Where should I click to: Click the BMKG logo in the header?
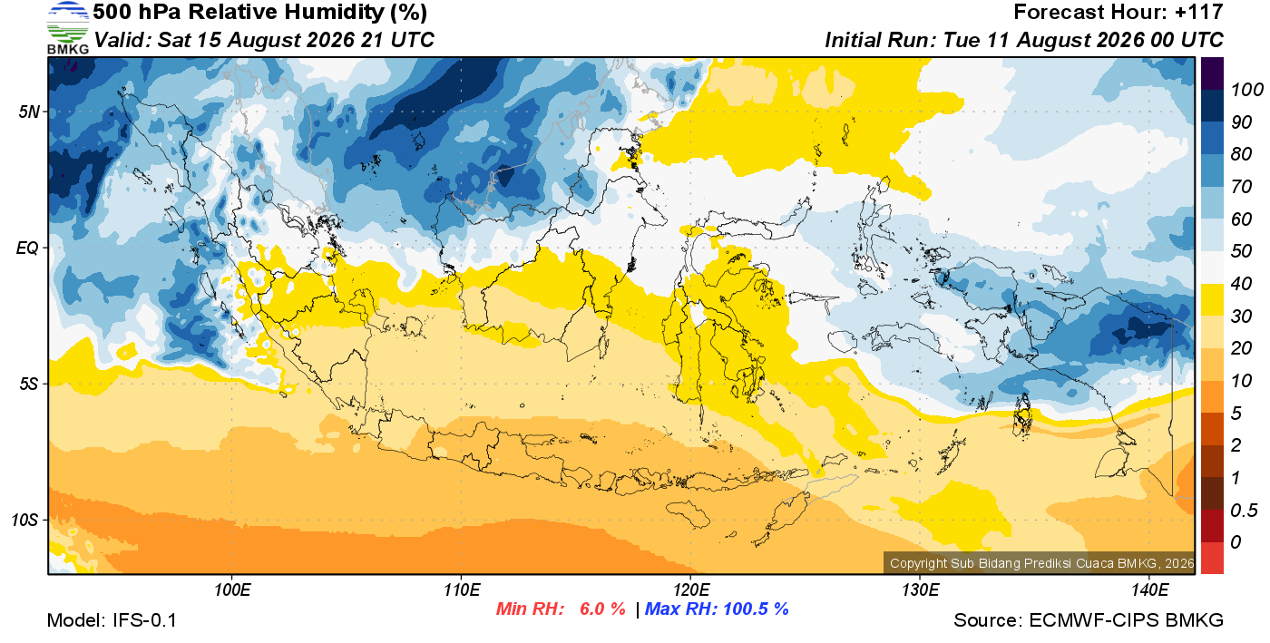point(68,28)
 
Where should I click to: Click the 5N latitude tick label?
point(29,112)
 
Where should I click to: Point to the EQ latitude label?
point(28,248)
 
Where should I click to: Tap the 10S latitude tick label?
point(25,520)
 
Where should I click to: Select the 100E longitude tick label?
point(232,590)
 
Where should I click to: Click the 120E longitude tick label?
point(691,590)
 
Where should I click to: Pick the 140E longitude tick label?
point(1150,590)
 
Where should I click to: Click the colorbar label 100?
point(1246,90)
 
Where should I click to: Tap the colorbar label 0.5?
point(1244,511)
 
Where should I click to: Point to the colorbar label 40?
point(1241,284)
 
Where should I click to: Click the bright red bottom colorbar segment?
point(1212,558)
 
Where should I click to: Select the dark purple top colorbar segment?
point(1212,73)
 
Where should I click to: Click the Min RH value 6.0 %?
point(602,609)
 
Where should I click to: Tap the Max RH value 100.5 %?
point(757,609)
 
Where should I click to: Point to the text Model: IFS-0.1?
point(112,620)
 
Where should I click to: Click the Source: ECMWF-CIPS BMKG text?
point(1089,620)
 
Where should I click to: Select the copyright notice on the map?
point(1041,563)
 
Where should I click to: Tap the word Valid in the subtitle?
point(122,40)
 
